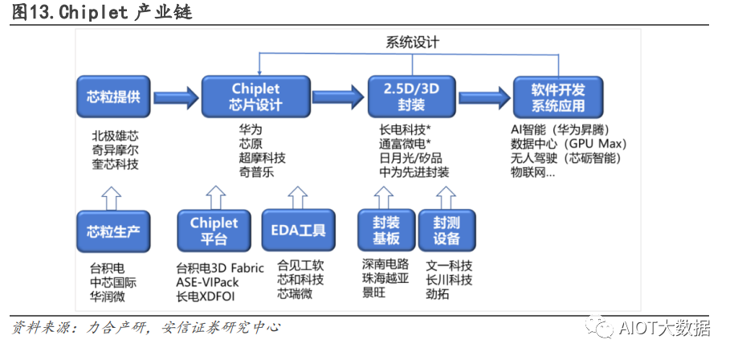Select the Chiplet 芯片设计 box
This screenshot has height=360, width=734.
pyautogui.click(x=255, y=96)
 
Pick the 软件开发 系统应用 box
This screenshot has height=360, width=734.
pyautogui.click(x=554, y=96)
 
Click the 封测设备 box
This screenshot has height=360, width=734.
pyautogui.click(x=447, y=231)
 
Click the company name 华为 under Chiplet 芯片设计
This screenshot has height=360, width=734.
pyautogui.click(x=250, y=129)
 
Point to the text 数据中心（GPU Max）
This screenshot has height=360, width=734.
pyautogui.click(x=568, y=144)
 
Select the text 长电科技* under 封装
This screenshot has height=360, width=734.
pyautogui.click(x=406, y=129)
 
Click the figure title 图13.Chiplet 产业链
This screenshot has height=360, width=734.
pyautogui.click(x=101, y=14)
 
